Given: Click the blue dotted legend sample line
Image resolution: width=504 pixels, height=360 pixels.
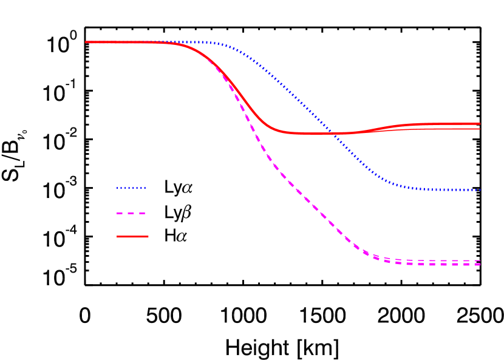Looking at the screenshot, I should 131,188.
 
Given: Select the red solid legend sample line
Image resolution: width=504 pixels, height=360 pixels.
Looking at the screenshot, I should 132,236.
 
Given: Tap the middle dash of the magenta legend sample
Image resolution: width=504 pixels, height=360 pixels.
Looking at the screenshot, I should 131,214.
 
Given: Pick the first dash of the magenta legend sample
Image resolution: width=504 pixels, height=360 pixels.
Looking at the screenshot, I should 120,214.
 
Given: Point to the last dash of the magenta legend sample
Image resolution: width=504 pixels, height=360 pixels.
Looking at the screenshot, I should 142,214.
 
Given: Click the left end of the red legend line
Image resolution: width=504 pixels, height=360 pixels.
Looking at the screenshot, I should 117,236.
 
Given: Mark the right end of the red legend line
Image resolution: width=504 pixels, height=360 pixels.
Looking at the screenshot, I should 148,236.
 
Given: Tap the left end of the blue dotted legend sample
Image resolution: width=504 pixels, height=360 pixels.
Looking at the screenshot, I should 117,188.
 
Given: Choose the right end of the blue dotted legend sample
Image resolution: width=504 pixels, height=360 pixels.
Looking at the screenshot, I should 146,188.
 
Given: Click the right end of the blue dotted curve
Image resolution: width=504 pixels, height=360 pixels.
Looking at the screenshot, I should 480,190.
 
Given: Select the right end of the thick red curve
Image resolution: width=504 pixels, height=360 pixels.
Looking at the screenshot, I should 480,124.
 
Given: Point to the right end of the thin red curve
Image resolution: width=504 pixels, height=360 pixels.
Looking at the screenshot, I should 480,129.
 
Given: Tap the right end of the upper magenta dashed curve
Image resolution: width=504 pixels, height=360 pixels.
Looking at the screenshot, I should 480,260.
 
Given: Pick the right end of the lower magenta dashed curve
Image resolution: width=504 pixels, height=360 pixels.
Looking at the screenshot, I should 480,265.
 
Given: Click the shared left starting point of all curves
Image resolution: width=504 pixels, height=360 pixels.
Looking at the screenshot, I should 86,42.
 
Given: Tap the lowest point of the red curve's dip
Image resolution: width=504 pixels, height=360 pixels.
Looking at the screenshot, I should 313,134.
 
